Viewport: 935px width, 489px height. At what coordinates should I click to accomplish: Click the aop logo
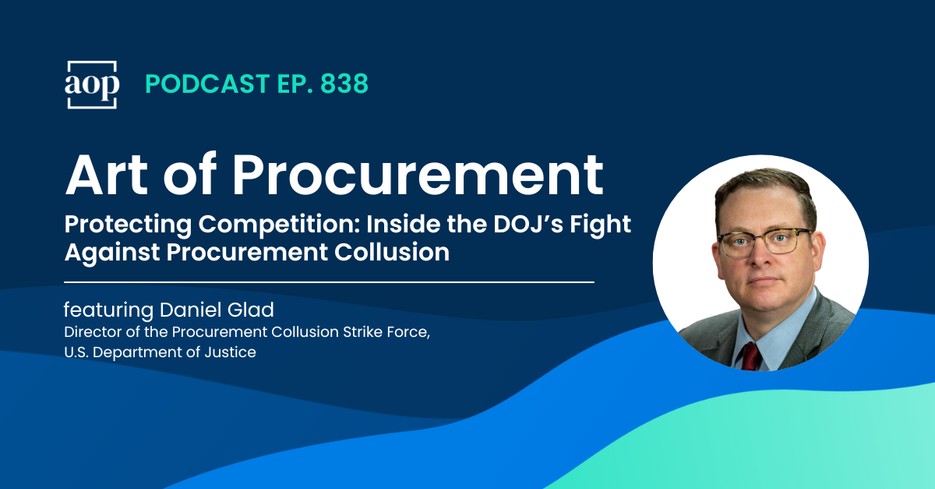coord(91,84)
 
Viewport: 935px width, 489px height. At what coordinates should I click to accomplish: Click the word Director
coord(91,332)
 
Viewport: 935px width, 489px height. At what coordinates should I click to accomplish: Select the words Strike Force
coord(384,332)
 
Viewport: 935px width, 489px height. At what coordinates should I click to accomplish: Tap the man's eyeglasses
coord(761,242)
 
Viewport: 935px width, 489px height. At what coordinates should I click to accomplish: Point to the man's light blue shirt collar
coord(779,328)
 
